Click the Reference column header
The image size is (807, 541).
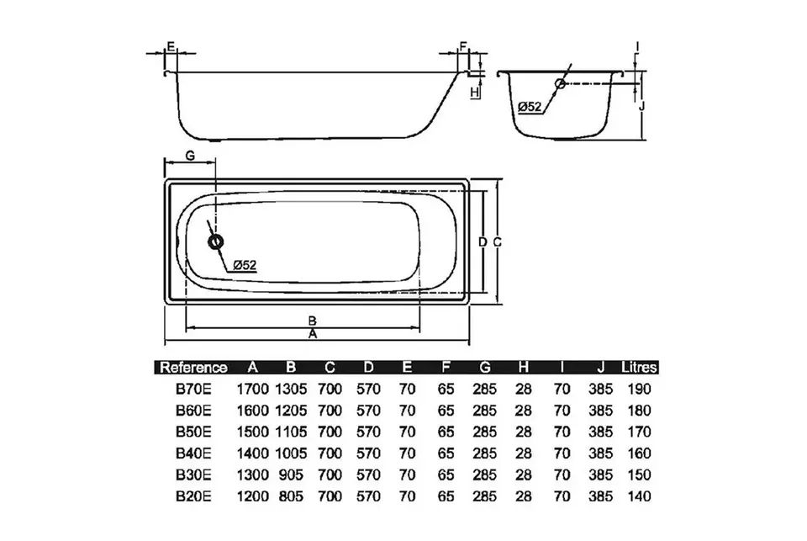tap(193, 368)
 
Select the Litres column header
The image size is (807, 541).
tap(639, 368)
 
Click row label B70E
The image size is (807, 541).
tap(193, 389)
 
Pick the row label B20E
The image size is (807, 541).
tap(193, 496)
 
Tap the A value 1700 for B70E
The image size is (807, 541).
tap(253, 389)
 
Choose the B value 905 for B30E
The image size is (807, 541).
tap(292, 475)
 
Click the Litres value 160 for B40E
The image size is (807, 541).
tap(639, 453)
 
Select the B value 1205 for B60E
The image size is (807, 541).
tap(292, 411)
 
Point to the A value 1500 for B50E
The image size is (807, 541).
tap(253, 432)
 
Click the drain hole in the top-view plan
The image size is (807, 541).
tap(216, 241)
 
